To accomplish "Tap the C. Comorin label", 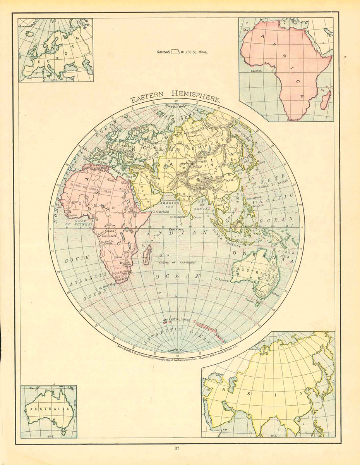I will [x=180, y=217].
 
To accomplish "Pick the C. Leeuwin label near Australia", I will [x=223, y=279].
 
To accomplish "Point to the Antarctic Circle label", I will [x=176, y=320].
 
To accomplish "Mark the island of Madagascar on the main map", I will [x=147, y=257].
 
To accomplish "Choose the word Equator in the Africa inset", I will [x=256, y=71].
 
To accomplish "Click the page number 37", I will [x=177, y=449].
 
